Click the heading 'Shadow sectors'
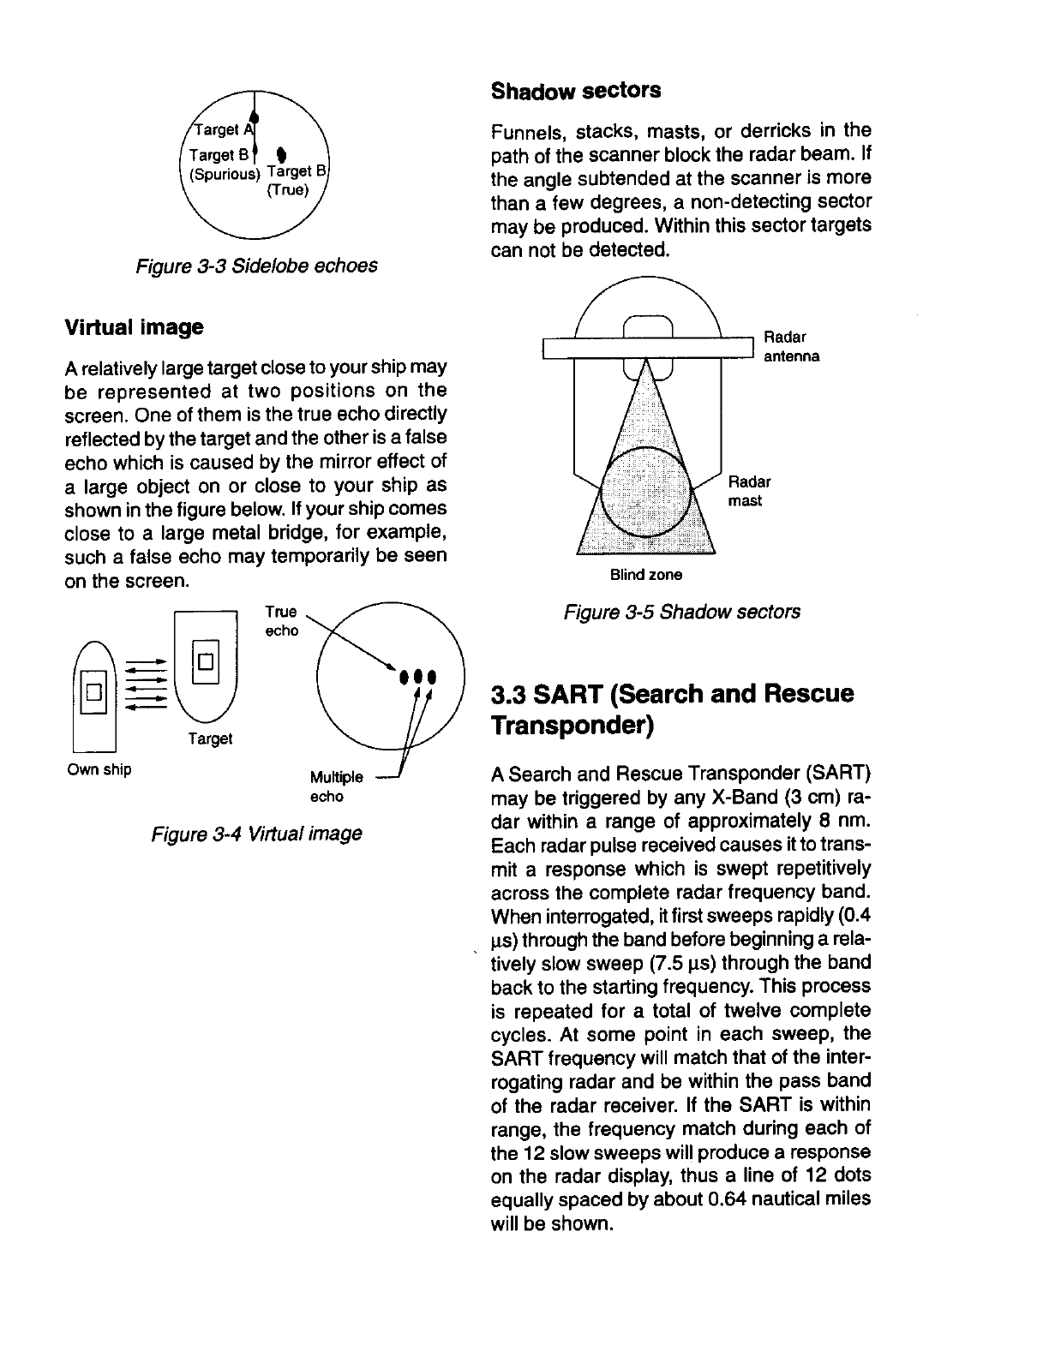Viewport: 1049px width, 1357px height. [575, 91]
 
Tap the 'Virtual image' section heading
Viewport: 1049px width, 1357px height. [134, 327]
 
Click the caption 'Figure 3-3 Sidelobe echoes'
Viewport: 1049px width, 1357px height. [255, 266]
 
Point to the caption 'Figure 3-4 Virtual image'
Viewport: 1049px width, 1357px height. [256, 834]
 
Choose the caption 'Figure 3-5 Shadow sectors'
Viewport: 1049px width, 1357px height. [681, 612]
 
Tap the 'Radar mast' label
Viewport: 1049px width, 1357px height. [749, 491]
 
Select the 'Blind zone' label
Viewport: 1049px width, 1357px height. [646, 574]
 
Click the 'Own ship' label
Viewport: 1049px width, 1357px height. [99, 768]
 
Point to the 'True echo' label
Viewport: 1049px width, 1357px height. [281, 621]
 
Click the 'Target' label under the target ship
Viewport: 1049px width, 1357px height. [209, 738]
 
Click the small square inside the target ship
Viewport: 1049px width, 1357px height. [206, 661]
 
